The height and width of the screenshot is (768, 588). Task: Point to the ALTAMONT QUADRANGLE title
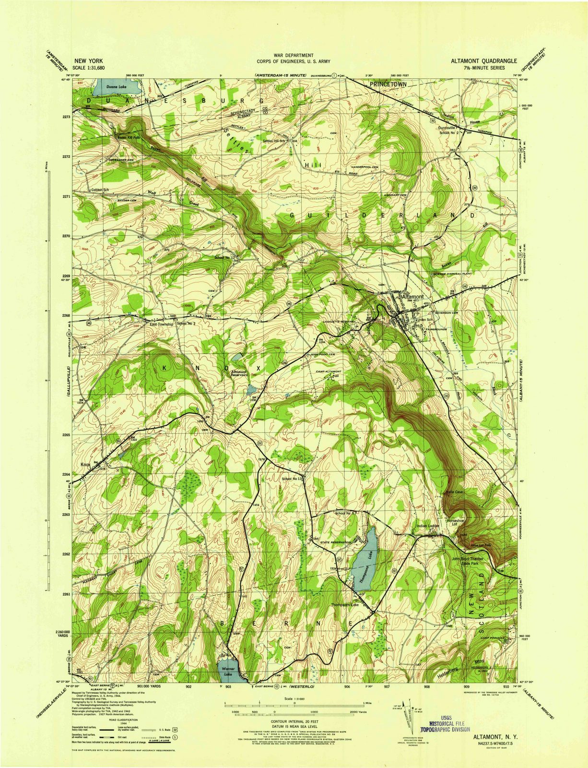click(483, 61)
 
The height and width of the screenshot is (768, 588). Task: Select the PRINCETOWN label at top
click(388, 84)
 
